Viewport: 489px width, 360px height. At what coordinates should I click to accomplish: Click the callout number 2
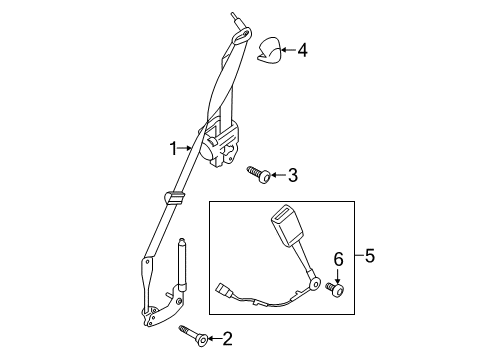[x=227, y=338]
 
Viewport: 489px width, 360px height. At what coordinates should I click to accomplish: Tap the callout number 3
[x=292, y=176]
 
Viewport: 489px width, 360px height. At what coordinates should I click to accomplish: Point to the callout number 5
[x=371, y=256]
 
